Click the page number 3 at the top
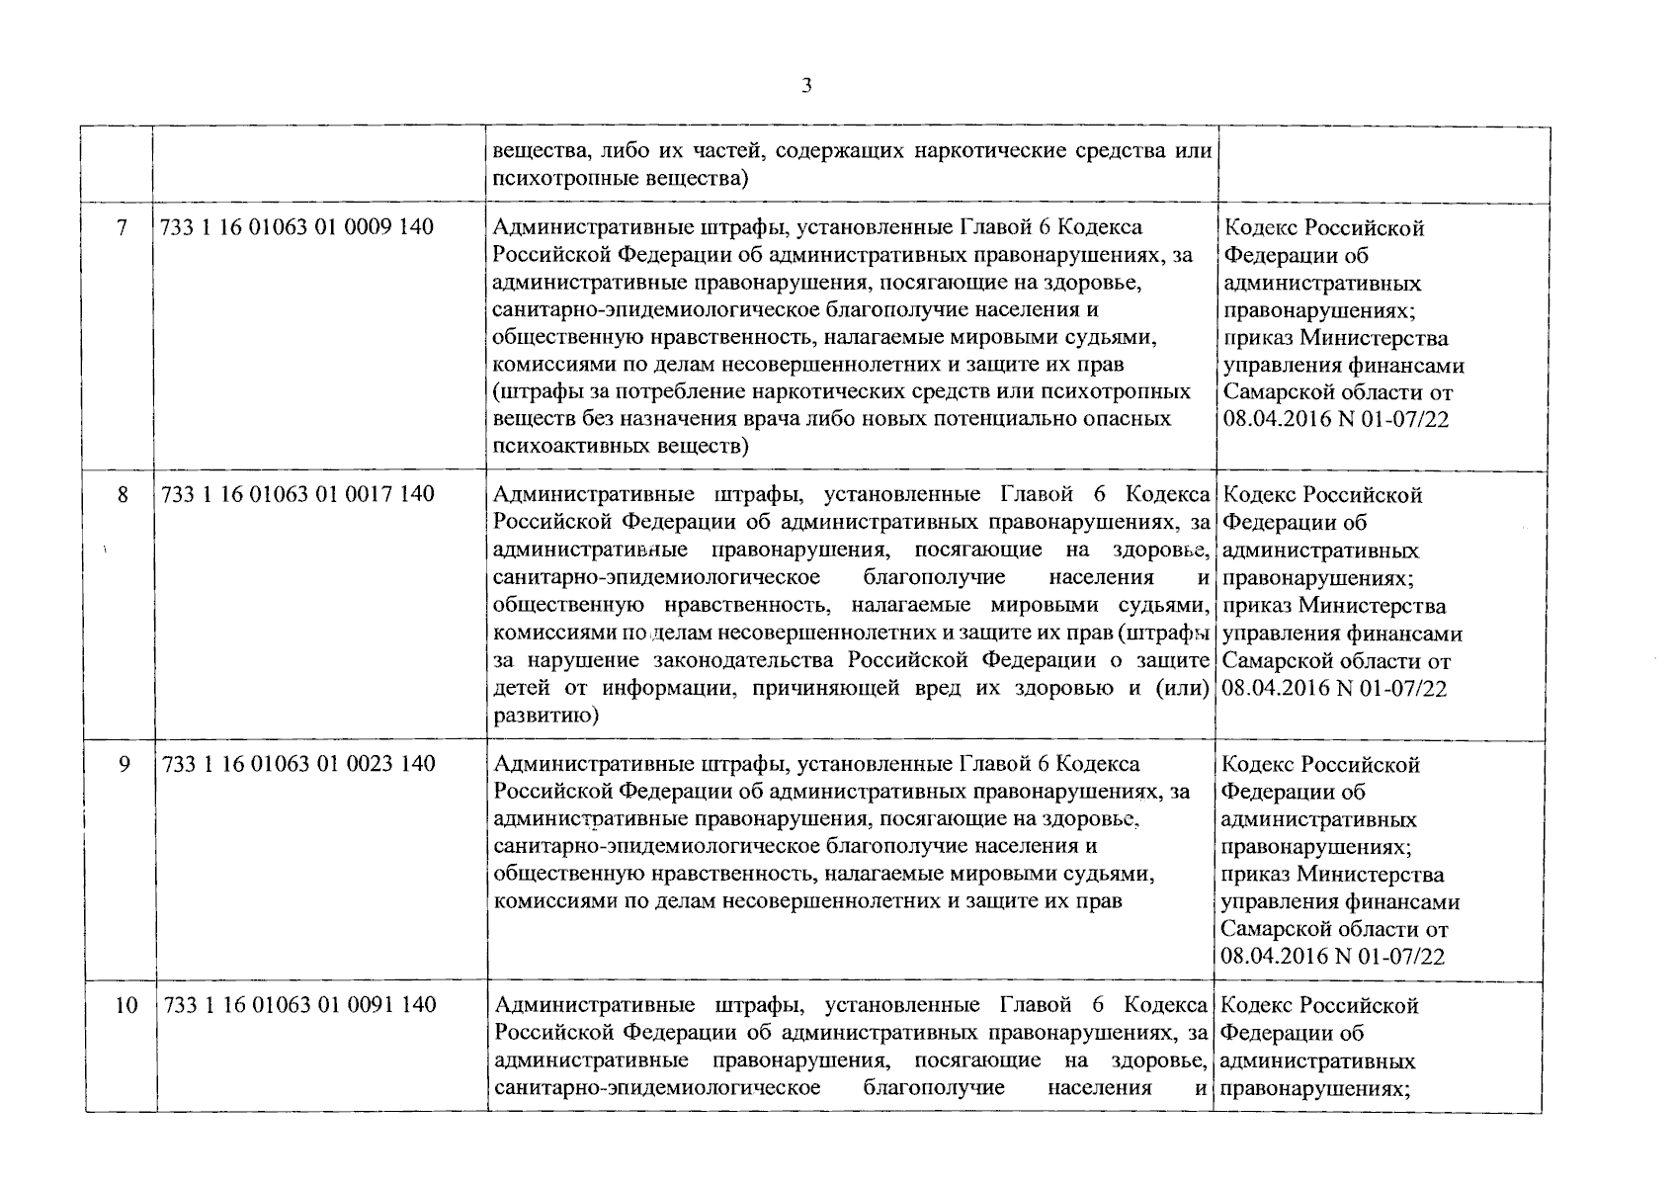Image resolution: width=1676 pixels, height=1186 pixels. (806, 86)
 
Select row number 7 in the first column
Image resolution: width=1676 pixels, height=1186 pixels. (122, 228)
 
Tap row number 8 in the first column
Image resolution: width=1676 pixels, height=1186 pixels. (123, 495)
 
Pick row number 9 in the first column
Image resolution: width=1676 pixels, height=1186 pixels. (124, 764)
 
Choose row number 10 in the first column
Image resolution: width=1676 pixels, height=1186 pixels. (126, 1005)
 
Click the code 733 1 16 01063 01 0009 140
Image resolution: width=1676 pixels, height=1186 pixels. (296, 228)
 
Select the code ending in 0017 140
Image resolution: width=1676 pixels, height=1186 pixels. (297, 495)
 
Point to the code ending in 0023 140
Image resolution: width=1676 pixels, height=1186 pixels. (297, 764)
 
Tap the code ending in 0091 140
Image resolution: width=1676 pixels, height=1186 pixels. (297, 1005)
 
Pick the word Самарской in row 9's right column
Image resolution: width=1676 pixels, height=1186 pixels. (1276, 930)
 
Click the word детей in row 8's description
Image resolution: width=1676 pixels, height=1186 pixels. (518, 688)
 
